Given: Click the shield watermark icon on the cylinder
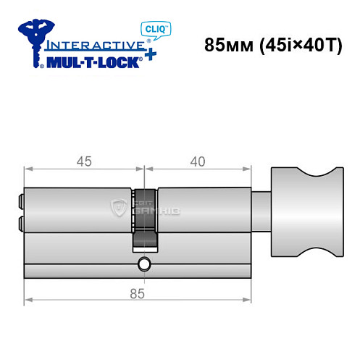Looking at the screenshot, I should [x=118, y=209].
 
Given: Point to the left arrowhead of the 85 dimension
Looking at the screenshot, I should [x=28, y=300].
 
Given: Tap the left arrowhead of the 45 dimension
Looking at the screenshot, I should [x=28, y=169].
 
